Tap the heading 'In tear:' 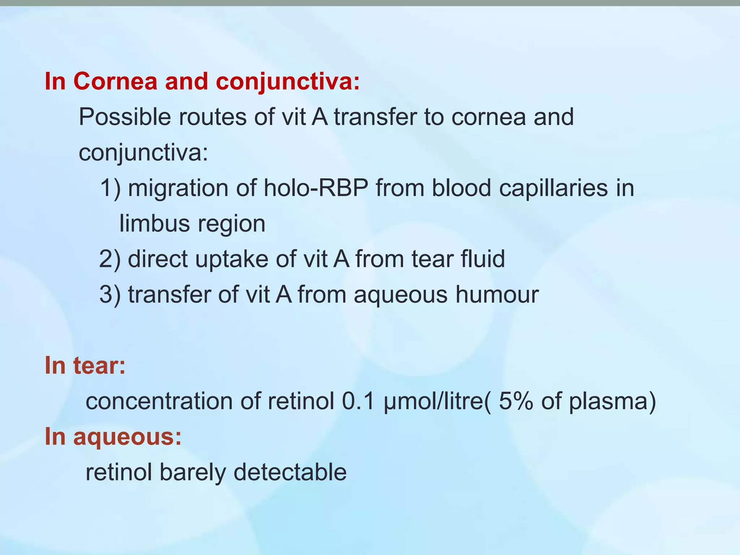coord(85,365)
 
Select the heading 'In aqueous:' coord(113,436)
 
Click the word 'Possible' coord(125,117)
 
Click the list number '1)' coord(110,188)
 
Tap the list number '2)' coord(110,259)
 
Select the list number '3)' coord(110,294)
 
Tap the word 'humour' coord(497,294)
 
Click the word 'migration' coord(178,189)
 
